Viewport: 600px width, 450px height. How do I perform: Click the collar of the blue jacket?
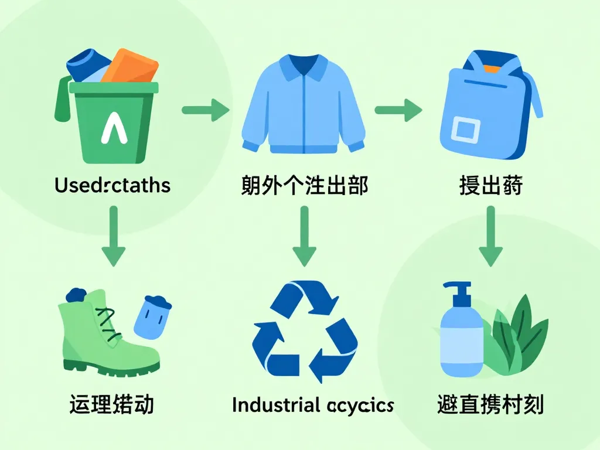(303, 66)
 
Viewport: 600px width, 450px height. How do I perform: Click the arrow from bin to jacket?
(204, 110)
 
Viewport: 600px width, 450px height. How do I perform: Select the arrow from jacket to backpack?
(398, 110)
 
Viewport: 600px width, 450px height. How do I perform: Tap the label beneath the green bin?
(112, 186)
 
